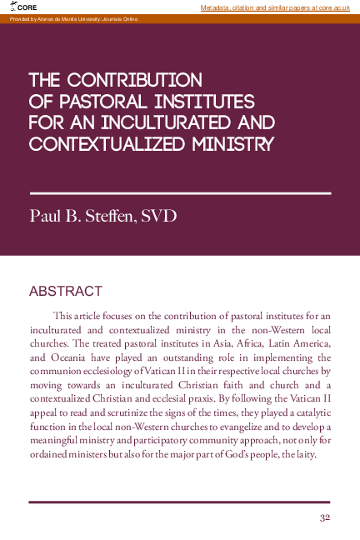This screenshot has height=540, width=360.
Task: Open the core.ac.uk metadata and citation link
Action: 279,7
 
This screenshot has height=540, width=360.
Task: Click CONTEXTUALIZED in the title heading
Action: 103,144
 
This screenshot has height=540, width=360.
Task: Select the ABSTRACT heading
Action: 65,292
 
